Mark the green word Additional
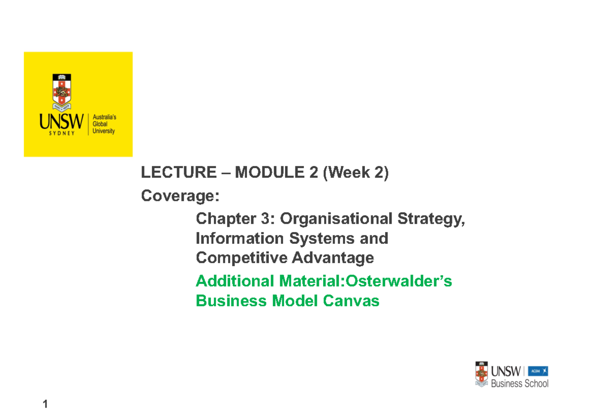coord(236,281)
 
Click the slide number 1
coord(45,405)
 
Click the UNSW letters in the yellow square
coord(62,122)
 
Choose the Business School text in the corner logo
coord(519,383)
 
